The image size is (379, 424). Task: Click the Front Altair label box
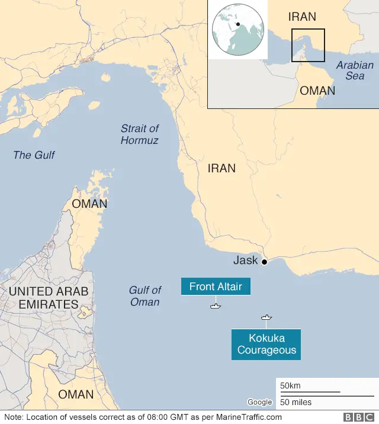(216, 287)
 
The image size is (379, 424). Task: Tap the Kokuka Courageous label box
(266, 345)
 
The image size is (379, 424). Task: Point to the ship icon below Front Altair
(215, 306)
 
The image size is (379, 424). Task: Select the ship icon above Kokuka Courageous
(266, 317)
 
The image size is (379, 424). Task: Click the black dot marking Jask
(264, 261)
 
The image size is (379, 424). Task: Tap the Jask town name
(245, 261)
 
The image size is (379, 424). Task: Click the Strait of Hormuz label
(140, 134)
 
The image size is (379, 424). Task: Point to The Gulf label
(34, 155)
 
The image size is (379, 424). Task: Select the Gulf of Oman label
(144, 296)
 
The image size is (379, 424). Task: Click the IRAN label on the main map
(221, 169)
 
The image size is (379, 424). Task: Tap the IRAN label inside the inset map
(302, 17)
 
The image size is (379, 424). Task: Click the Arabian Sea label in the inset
(355, 70)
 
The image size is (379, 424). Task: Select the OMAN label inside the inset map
(317, 91)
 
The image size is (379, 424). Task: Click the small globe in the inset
(237, 30)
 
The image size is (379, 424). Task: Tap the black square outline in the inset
(308, 45)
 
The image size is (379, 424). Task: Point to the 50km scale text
(290, 386)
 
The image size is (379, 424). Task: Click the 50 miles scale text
(296, 403)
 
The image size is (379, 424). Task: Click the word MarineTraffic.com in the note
(248, 417)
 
